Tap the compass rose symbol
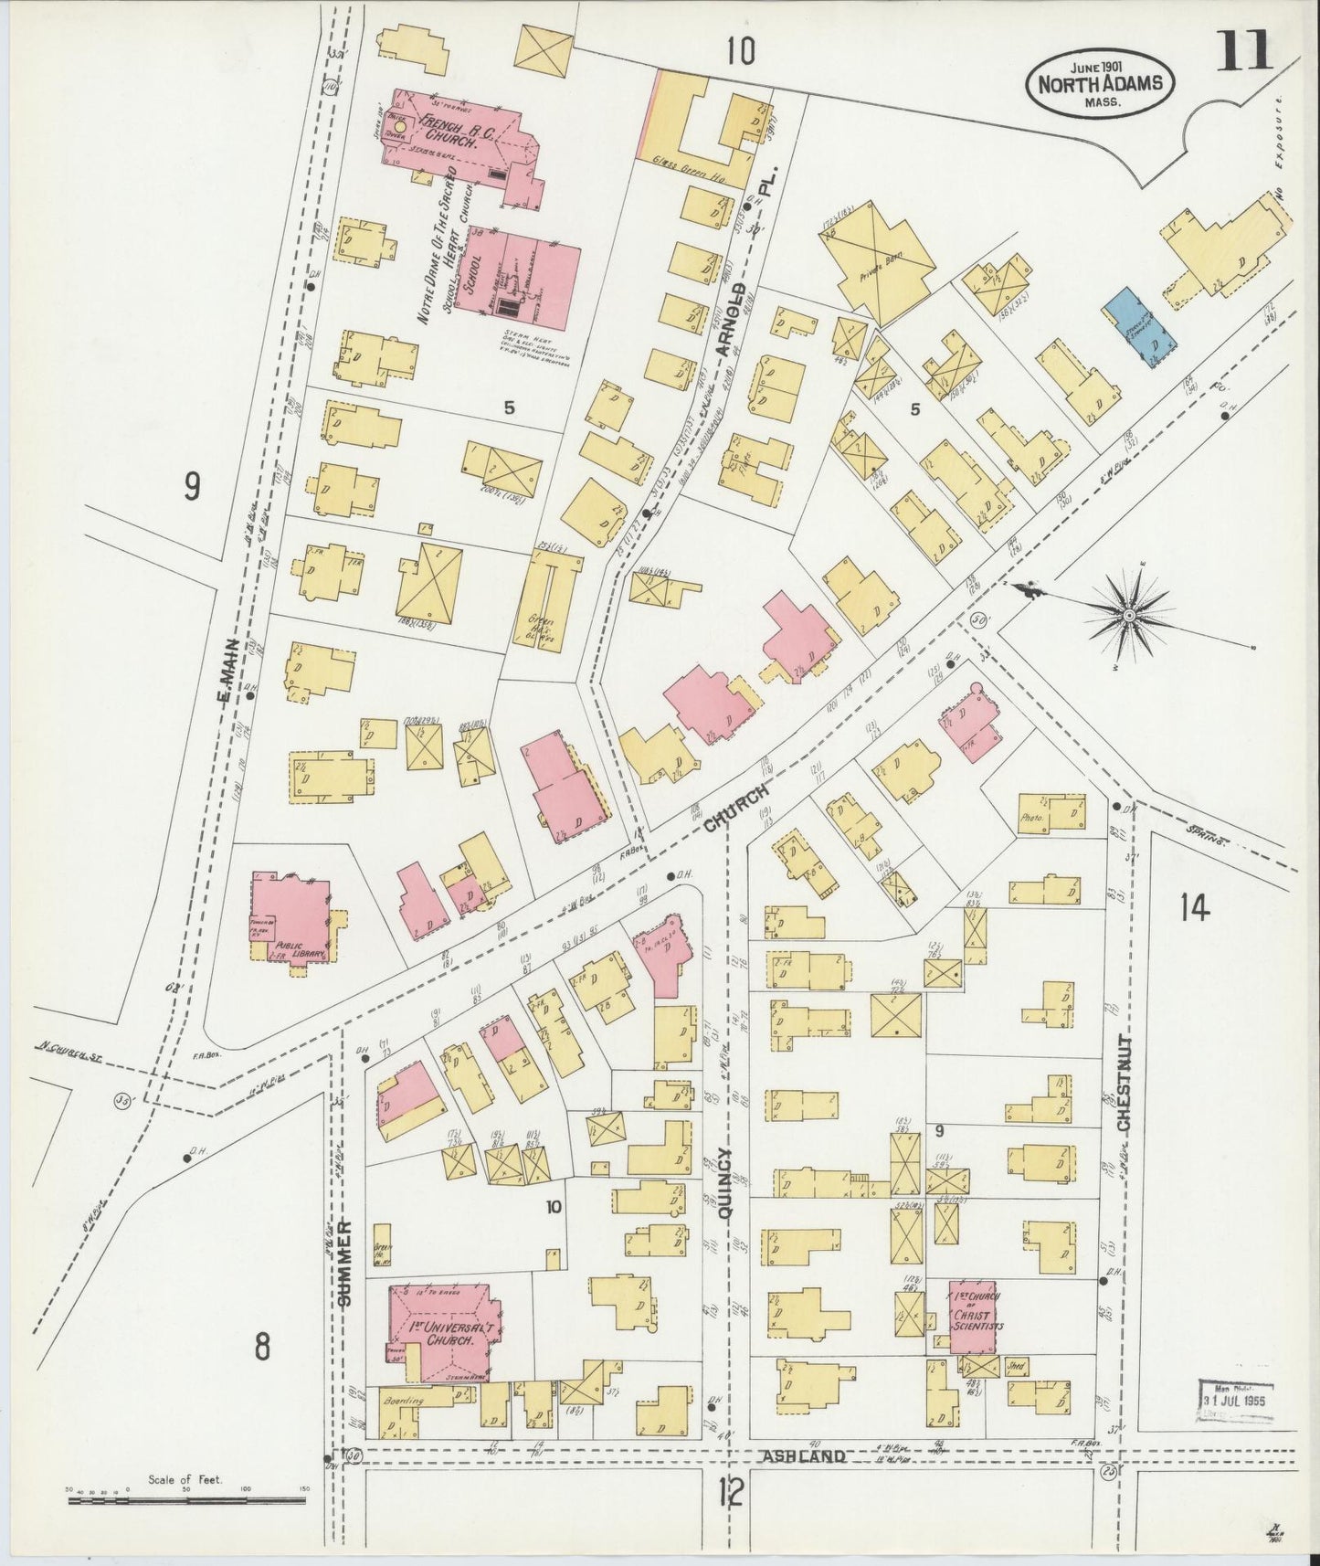tap(1129, 618)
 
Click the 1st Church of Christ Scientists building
tap(972, 1316)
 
